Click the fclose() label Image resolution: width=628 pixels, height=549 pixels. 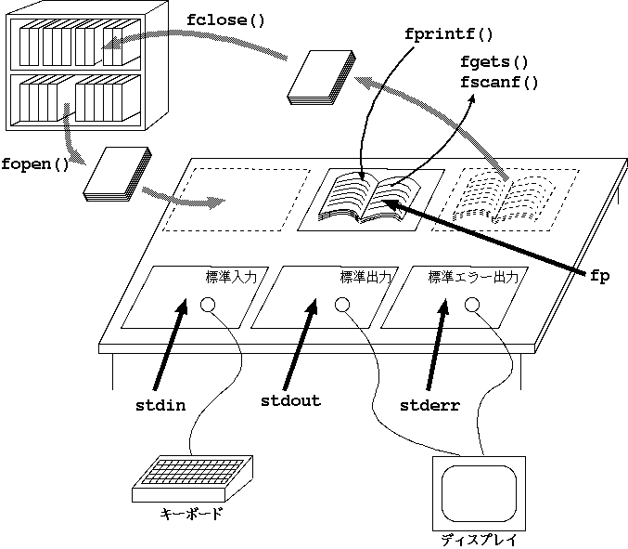click(225, 20)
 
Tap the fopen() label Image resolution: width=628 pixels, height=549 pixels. click(36, 166)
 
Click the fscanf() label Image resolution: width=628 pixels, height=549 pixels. click(499, 82)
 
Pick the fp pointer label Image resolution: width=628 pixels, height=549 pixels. click(599, 276)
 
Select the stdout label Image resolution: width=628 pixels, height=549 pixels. click(290, 401)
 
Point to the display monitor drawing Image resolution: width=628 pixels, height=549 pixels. click(479, 490)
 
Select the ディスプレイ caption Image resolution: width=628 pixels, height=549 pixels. click(478, 540)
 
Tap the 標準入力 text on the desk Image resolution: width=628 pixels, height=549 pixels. click(237, 277)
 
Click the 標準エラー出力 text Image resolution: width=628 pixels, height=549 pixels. click(478, 277)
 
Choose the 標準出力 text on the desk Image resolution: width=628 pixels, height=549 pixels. click(365, 277)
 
